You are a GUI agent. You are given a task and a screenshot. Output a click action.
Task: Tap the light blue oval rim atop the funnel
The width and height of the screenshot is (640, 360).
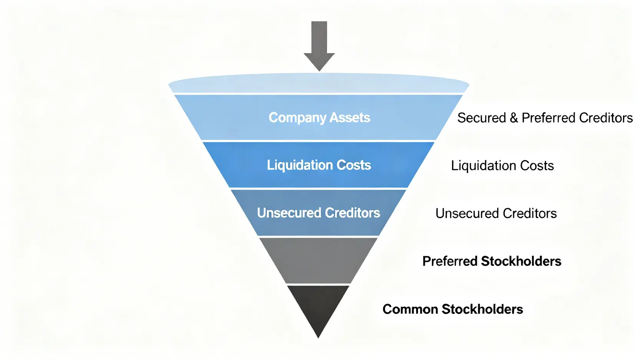[319, 83]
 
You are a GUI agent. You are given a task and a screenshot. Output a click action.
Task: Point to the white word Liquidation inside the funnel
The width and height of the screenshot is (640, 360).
[300, 165]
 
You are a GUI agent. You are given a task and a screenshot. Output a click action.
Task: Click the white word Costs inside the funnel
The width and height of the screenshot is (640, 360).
[354, 165]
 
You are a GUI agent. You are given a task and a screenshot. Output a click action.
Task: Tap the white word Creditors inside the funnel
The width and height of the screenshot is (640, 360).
[352, 213]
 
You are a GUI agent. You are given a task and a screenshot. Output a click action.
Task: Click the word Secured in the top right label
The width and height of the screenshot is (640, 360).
[481, 118]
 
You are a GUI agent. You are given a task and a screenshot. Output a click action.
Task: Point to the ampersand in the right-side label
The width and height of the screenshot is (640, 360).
[514, 118]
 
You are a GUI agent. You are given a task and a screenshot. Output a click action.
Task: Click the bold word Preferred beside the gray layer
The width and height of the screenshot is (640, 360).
[450, 261]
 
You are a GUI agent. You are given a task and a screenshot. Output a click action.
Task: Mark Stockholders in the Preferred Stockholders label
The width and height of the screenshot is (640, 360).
[521, 261]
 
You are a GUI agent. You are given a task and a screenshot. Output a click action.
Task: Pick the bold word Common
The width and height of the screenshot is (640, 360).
[410, 309]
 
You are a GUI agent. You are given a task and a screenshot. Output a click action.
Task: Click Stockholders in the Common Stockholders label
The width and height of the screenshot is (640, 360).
[482, 309]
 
